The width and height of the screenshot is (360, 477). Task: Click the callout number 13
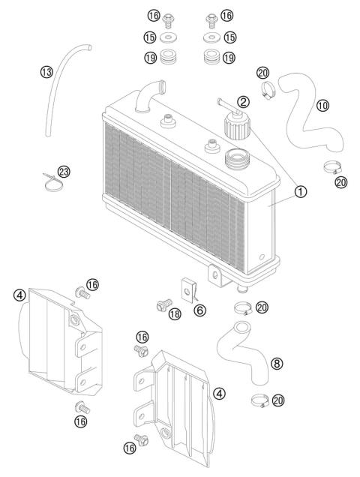[46, 72]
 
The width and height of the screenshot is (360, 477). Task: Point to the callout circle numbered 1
[301, 191]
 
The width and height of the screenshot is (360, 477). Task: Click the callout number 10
[323, 106]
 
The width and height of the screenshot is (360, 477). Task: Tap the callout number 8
[276, 363]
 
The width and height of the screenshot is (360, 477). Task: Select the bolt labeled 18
[160, 305]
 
